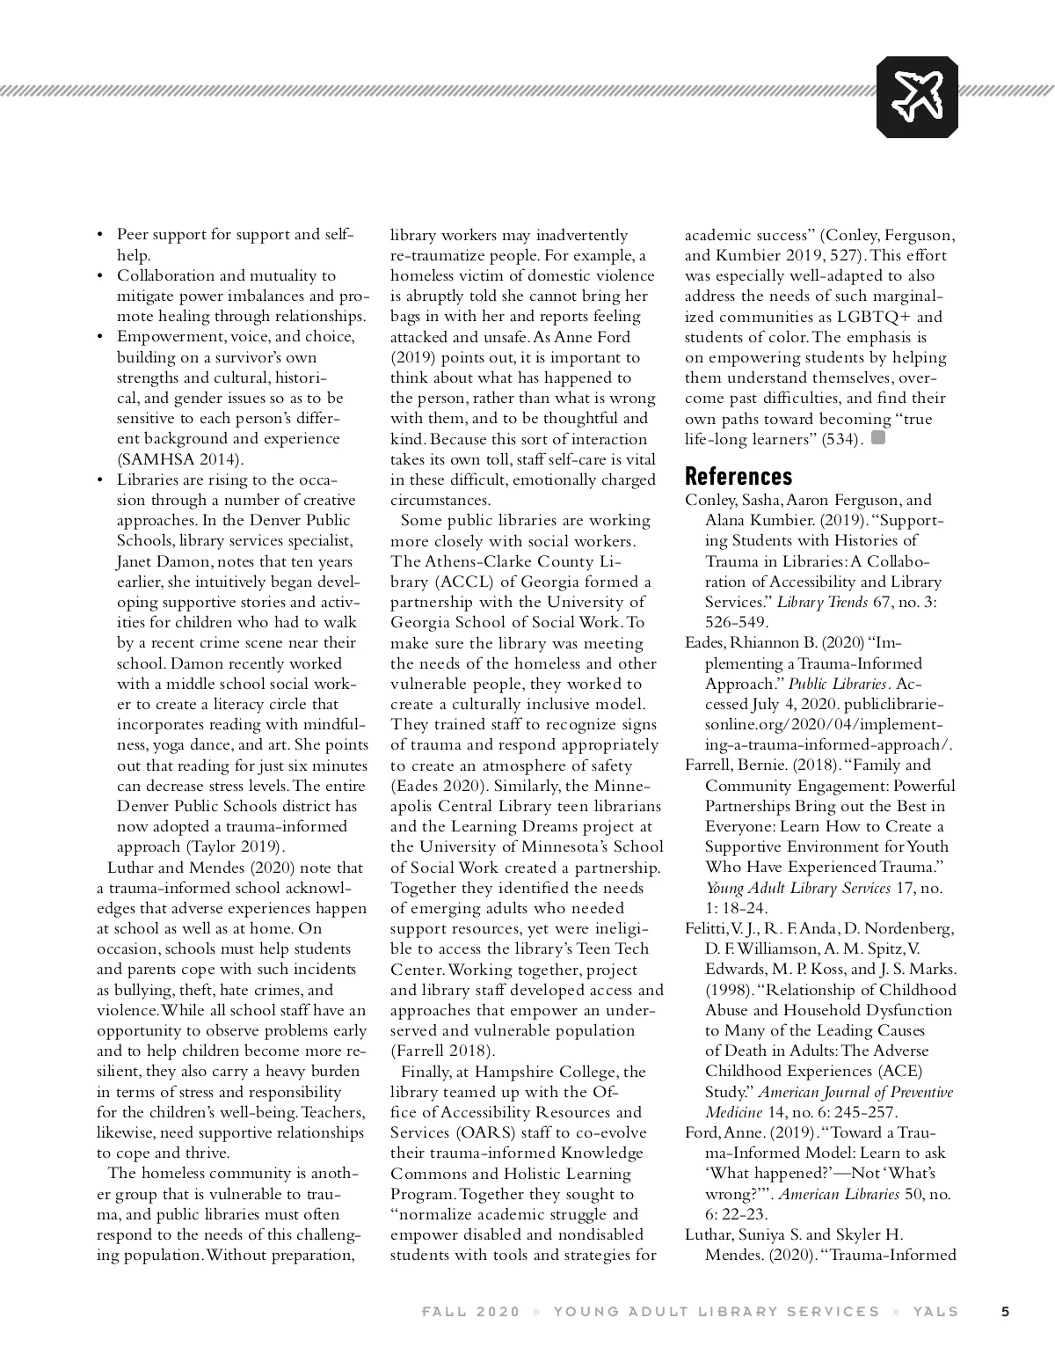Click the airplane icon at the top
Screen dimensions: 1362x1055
(x=917, y=96)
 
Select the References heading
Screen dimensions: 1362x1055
(x=738, y=476)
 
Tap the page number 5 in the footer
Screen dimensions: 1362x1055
(x=1006, y=1311)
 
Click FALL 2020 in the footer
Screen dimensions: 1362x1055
(x=471, y=1311)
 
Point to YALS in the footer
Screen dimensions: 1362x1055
(x=935, y=1311)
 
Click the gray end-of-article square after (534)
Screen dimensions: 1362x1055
(x=877, y=437)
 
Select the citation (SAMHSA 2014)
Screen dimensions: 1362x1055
(x=180, y=459)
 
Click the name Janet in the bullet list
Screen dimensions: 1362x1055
(x=135, y=561)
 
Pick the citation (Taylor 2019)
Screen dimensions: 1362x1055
(x=235, y=847)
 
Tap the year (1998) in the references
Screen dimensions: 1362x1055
(x=729, y=990)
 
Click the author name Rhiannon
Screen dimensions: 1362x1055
(x=767, y=643)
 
